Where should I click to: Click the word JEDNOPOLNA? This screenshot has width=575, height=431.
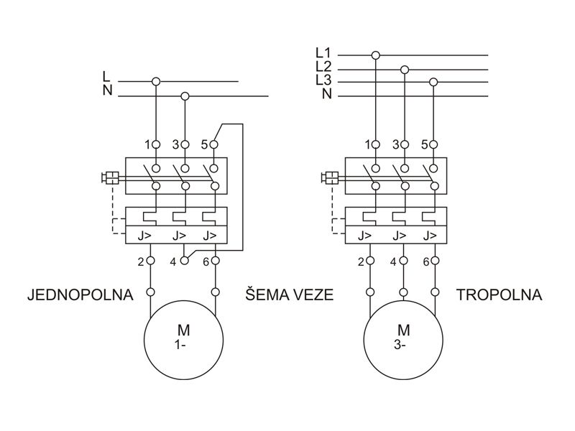click(80, 295)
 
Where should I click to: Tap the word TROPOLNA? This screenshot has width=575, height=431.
click(499, 295)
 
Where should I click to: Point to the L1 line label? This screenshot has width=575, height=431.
click(323, 53)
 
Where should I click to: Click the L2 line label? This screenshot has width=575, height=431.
click(323, 67)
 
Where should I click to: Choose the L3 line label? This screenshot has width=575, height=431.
click(323, 80)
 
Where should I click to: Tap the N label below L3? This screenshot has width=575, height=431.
click(326, 94)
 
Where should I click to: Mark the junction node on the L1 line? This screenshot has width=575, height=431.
click(375, 54)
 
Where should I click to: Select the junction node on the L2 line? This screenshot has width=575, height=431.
click(405, 69)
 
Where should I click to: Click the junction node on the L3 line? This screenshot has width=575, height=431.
click(433, 82)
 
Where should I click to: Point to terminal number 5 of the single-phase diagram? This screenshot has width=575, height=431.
click(205, 144)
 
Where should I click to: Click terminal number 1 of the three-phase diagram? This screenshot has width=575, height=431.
click(368, 144)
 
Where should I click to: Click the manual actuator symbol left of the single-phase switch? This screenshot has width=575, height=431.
click(111, 177)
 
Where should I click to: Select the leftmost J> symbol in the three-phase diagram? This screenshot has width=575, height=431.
click(365, 235)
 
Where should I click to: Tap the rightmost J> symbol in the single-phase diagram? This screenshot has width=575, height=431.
click(209, 235)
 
